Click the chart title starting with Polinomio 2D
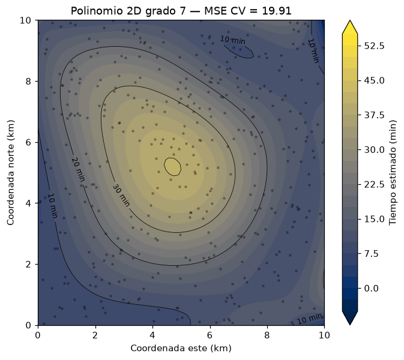pyautogui.click(x=181, y=11)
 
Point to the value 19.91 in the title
pyautogui.click(x=277, y=11)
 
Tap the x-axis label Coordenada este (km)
pyautogui.click(x=181, y=348)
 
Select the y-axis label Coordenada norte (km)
pyautogui.click(x=10, y=173)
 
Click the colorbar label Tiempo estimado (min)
pyautogui.click(x=393, y=173)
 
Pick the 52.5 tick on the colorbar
pyautogui.click(x=374, y=46)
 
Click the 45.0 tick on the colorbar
pyautogui.click(x=374, y=80)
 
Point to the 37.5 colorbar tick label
pyautogui.click(x=374, y=115)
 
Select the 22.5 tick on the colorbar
pyautogui.click(x=374, y=184)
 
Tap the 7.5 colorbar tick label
pyautogui.click(x=371, y=254)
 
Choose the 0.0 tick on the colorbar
pyautogui.click(x=371, y=288)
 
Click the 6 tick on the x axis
pyautogui.click(x=210, y=335)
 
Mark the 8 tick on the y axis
pyautogui.click(x=28, y=82)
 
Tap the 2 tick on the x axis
pyautogui.click(x=95, y=335)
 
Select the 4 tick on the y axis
pyautogui.click(x=28, y=203)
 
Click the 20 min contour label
pyautogui.click(x=78, y=169)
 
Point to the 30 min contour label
pyautogui.click(x=121, y=195)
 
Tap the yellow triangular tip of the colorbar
pyautogui.click(x=350, y=27)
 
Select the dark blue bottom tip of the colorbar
pyautogui.click(x=350, y=318)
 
